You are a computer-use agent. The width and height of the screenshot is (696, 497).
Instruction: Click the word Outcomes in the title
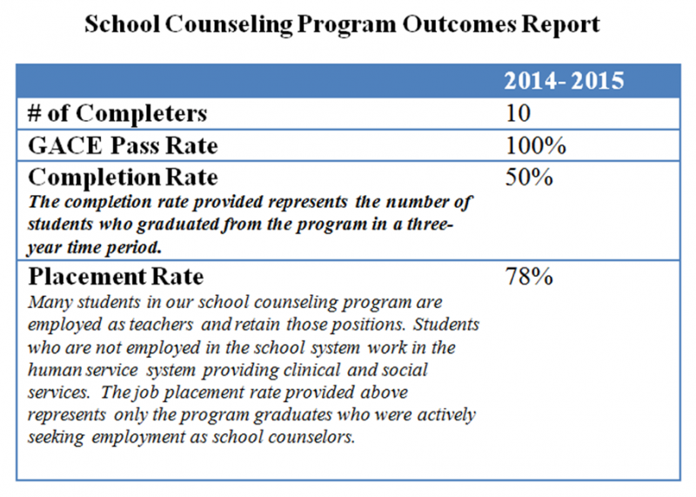[459, 24]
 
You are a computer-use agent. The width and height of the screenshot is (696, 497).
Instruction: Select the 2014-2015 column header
[564, 81]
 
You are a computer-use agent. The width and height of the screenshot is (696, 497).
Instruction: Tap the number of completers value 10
[518, 113]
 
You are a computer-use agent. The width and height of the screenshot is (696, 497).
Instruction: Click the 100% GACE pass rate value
[536, 145]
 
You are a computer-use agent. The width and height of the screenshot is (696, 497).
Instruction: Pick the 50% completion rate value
[529, 177]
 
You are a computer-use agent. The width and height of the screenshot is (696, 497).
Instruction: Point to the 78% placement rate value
[529, 276]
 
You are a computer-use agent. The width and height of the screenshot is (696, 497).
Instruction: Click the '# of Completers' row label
[117, 113]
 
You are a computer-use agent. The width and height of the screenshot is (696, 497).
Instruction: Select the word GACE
[64, 145]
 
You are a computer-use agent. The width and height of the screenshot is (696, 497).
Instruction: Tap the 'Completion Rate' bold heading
[123, 178]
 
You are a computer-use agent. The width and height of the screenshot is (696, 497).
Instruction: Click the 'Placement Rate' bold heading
[116, 277]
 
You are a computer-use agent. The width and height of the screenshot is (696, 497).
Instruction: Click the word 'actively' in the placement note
[446, 415]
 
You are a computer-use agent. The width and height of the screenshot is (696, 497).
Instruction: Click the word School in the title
[122, 24]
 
